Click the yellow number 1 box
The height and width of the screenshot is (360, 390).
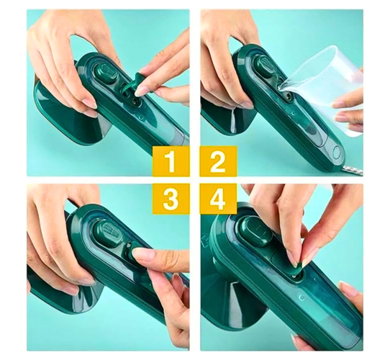tap(171, 161)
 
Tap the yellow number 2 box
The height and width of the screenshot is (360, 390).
tap(218, 161)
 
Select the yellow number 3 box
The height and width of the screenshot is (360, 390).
tap(171, 199)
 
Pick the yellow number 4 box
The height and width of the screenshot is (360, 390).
tap(218, 199)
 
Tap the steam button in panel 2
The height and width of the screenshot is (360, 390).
tap(265, 68)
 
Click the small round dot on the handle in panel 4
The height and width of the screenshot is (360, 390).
tap(302, 297)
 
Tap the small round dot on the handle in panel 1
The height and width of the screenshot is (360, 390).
tap(141, 117)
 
